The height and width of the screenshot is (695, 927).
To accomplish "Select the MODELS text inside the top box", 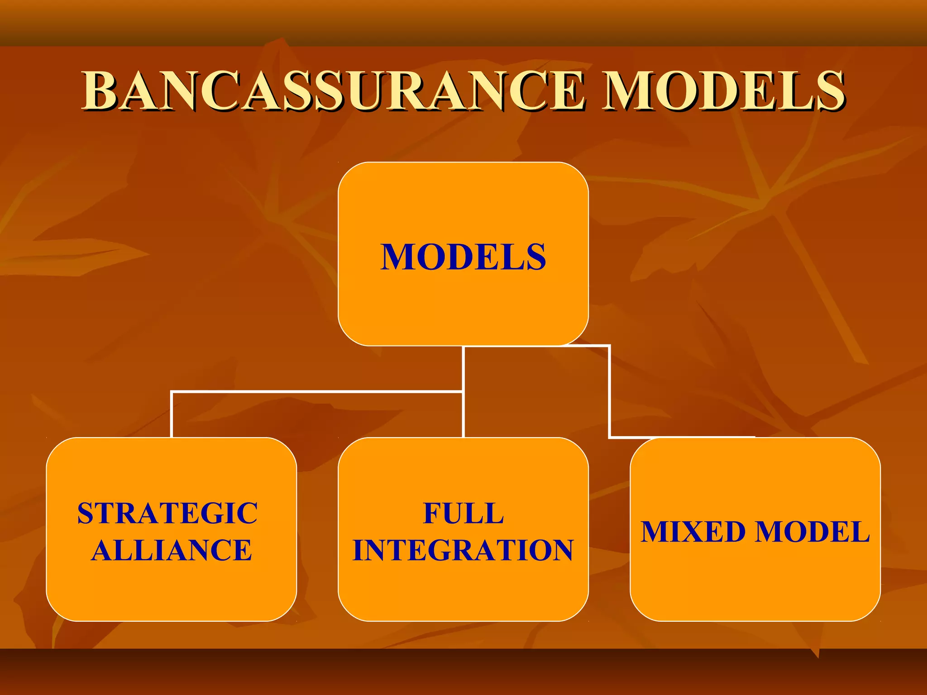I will click(x=463, y=257).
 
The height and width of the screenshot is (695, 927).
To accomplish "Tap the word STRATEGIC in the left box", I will click(x=167, y=514).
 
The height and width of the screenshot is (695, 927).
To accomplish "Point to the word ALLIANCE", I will click(x=171, y=550).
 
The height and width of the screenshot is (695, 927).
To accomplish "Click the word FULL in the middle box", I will click(x=463, y=514).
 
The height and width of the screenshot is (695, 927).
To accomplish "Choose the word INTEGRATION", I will click(x=463, y=550).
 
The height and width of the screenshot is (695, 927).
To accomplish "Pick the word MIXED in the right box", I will click(x=693, y=532).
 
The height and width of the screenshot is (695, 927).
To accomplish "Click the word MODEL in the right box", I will click(x=812, y=532).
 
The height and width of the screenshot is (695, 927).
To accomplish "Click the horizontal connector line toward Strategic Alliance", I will click(x=317, y=391).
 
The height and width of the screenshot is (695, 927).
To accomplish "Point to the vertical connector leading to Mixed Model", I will click(x=610, y=391).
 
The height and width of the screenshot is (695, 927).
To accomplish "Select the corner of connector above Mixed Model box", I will click(x=610, y=437).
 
